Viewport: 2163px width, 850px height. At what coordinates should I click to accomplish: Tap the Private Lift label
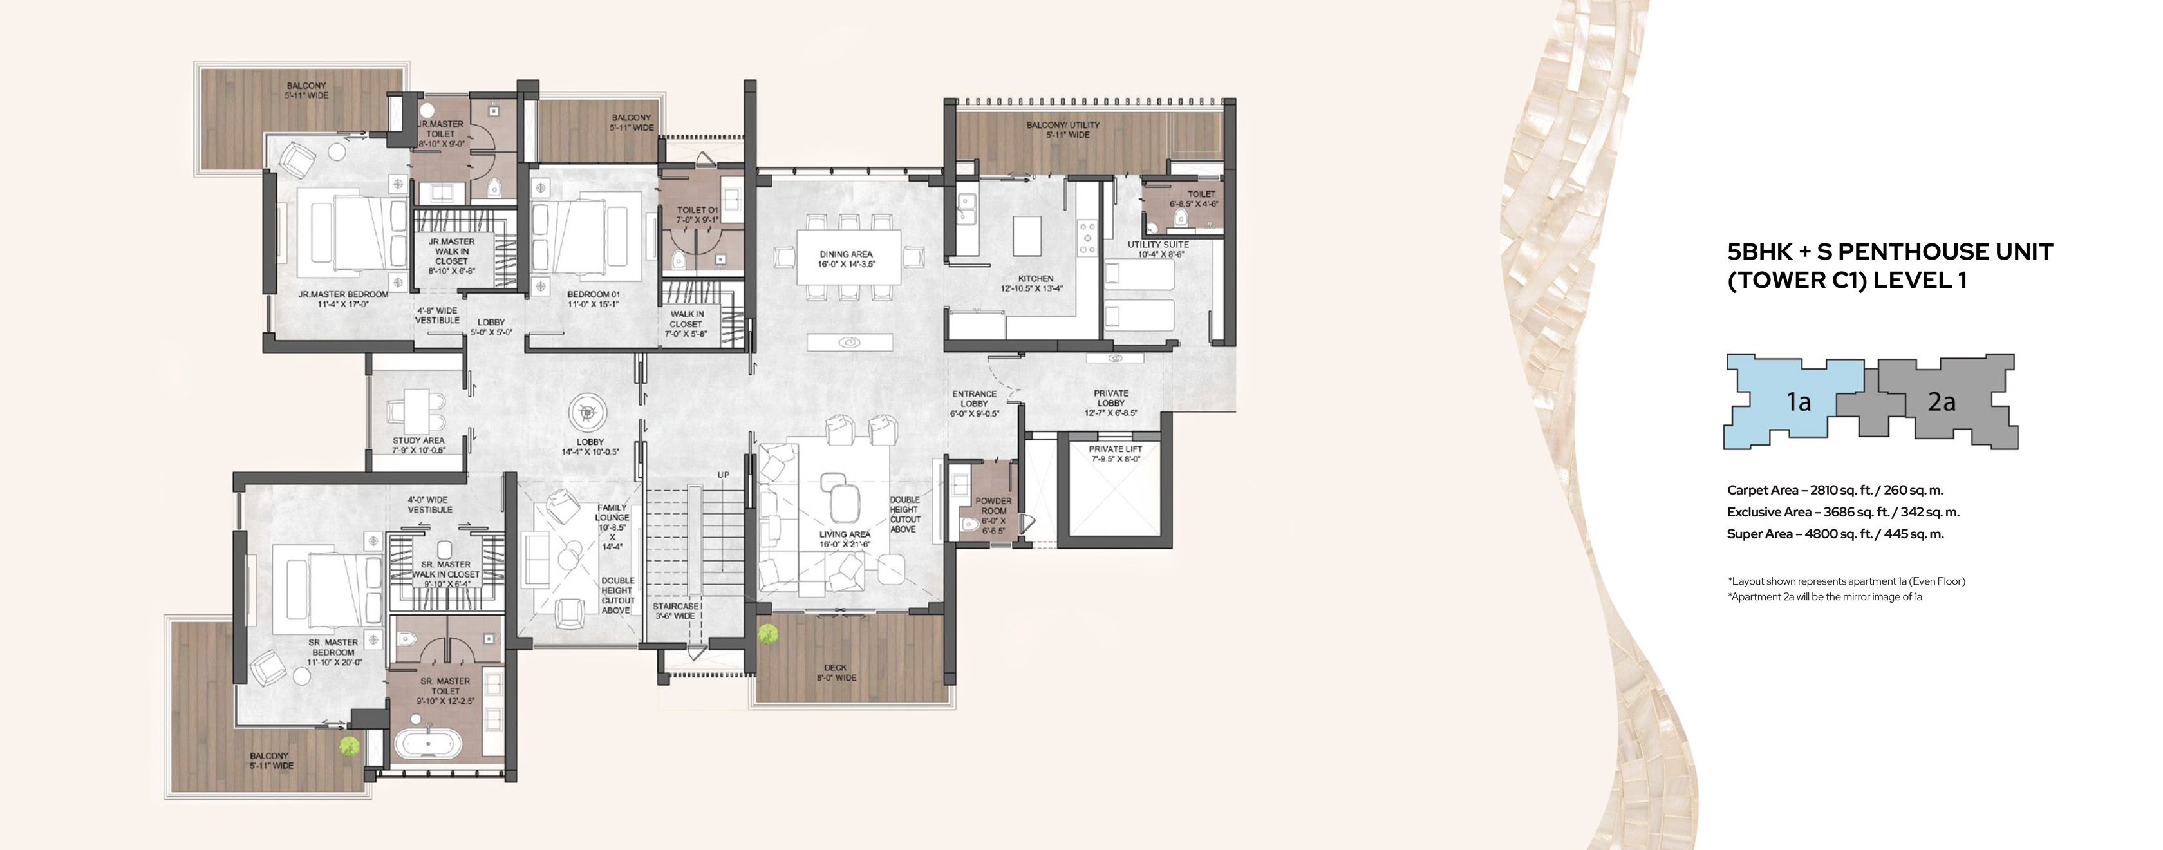(1115, 453)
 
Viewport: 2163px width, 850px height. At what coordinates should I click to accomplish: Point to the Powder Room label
(993, 516)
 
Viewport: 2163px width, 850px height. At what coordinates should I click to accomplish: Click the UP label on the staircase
(723, 475)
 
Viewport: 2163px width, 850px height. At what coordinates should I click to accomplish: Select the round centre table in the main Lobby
(586, 414)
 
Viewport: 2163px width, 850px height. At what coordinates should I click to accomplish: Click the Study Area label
(418, 445)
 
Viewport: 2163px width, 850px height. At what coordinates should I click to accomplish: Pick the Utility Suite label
(1158, 249)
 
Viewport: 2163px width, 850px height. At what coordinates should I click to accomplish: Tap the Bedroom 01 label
(593, 299)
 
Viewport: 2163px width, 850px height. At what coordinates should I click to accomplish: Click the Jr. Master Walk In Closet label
(452, 256)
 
